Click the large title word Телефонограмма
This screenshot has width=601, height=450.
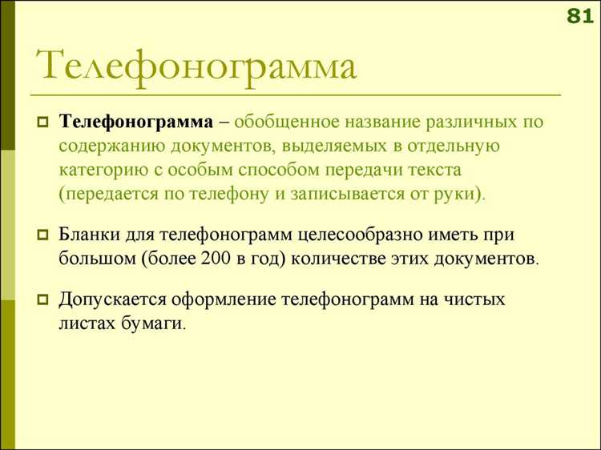point(196,65)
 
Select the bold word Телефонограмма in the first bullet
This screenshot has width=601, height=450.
point(135,123)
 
